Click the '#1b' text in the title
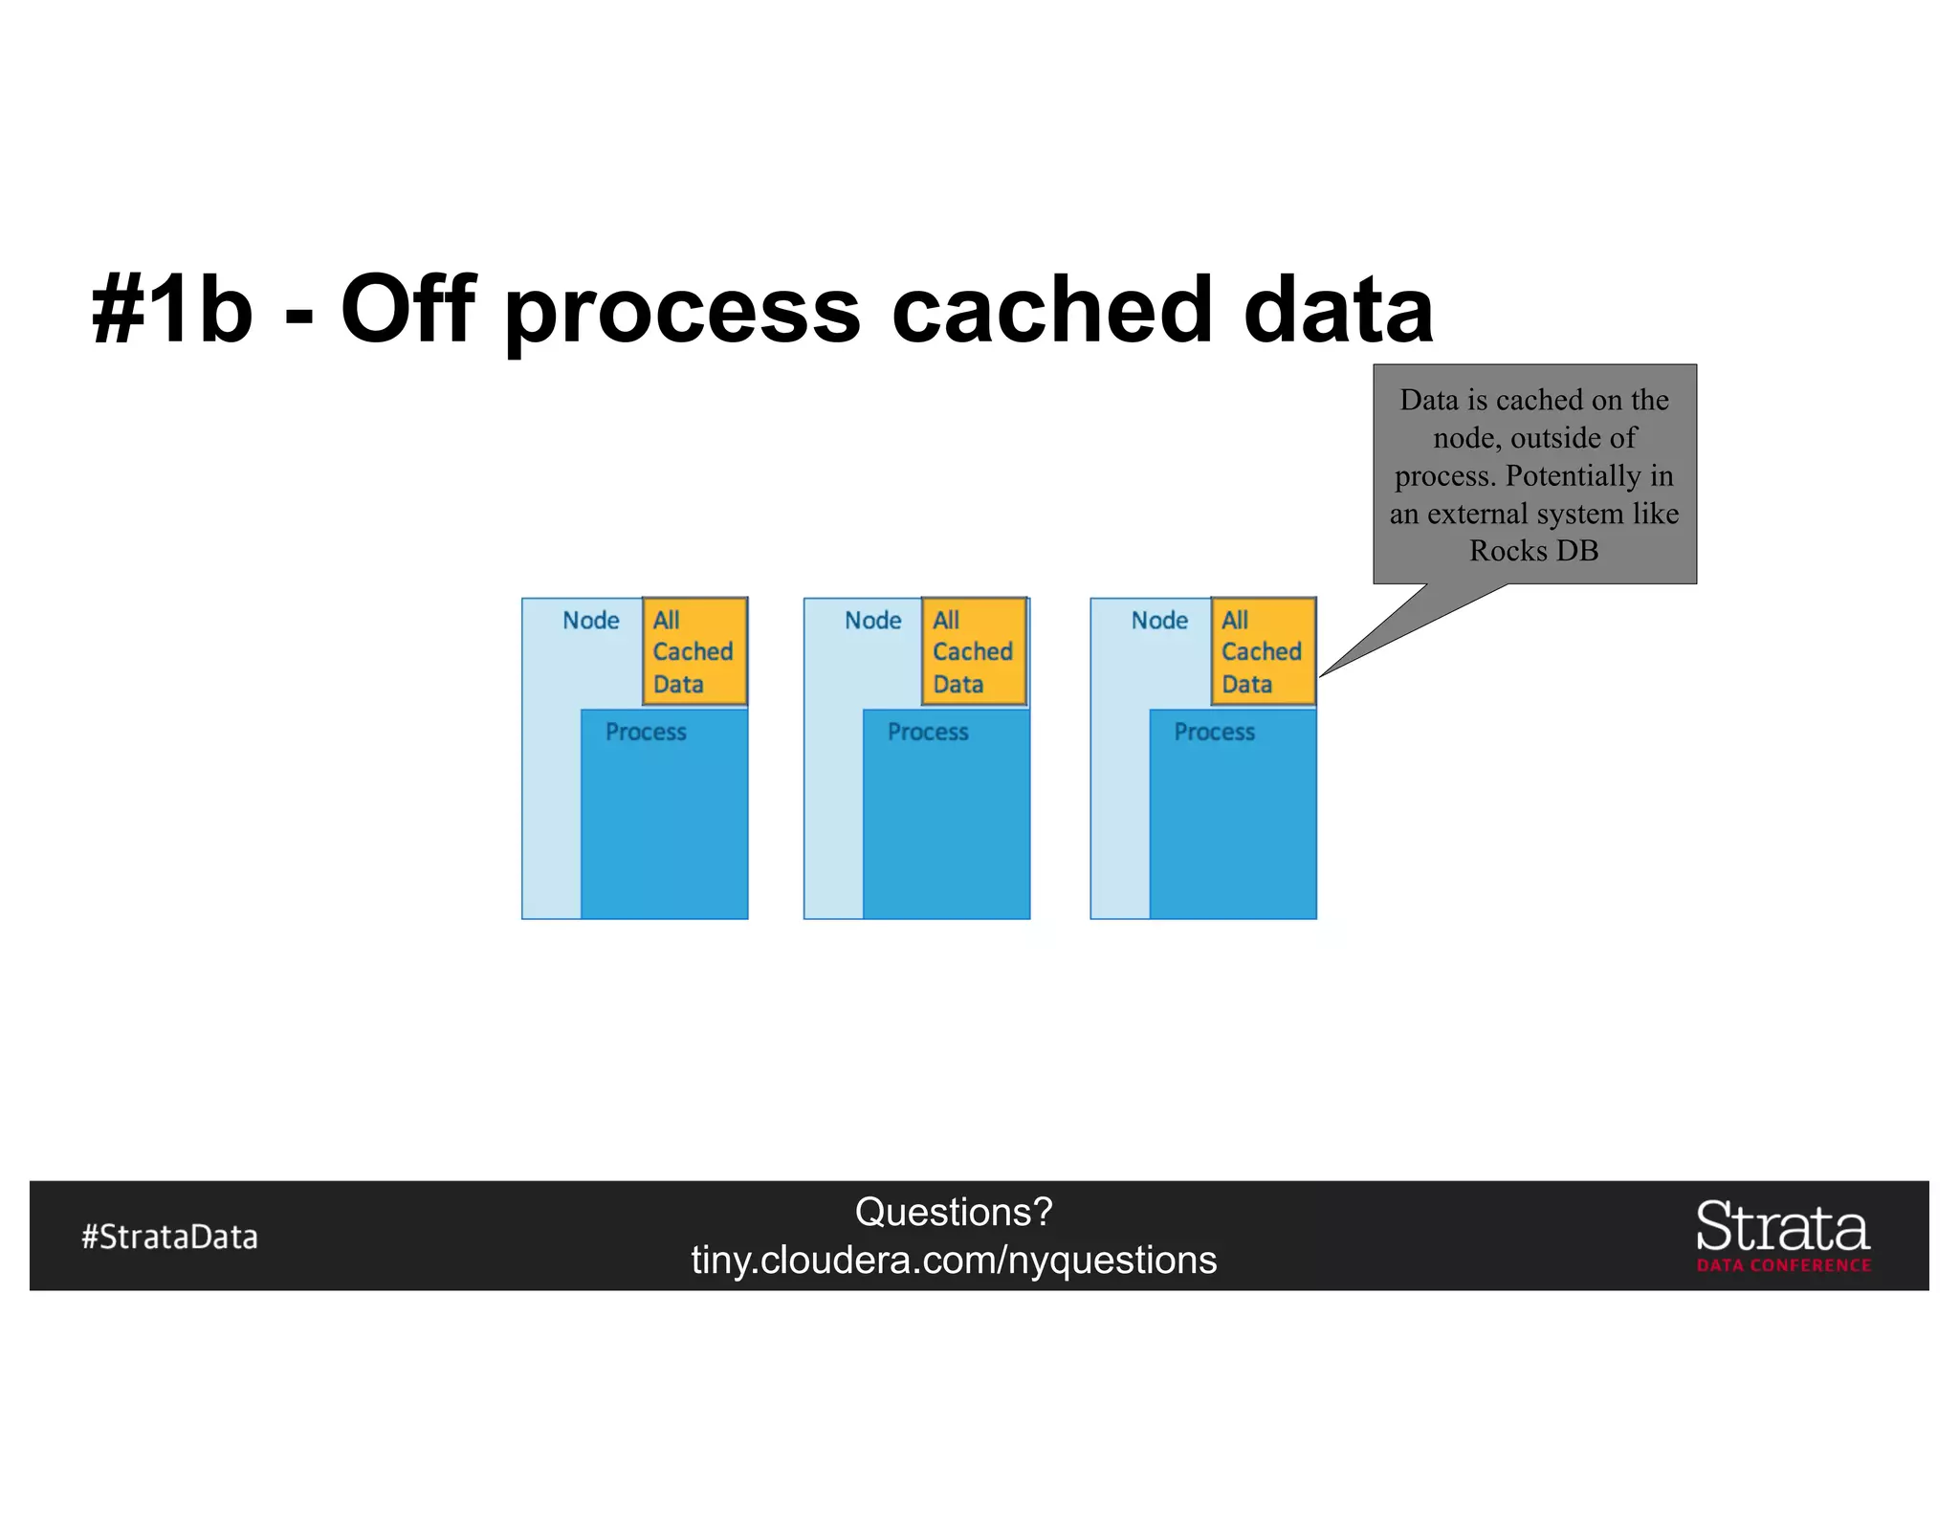(x=172, y=309)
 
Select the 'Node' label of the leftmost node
(x=590, y=621)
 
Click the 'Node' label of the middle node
(x=872, y=621)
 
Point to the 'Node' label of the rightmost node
(x=1158, y=621)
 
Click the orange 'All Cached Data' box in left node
(x=694, y=652)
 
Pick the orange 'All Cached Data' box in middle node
(x=974, y=652)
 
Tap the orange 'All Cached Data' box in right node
(x=1263, y=652)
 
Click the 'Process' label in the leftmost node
(x=646, y=733)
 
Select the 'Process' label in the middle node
(x=928, y=733)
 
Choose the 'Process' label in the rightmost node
(x=1214, y=733)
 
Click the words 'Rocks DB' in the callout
(x=1533, y=551)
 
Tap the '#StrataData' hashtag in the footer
(x=169, y=1237)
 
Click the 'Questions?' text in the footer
(x=954, y=1212)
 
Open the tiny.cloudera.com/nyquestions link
(x=954, y=1261)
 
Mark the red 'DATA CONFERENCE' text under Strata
(x=1784, y=1265)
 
